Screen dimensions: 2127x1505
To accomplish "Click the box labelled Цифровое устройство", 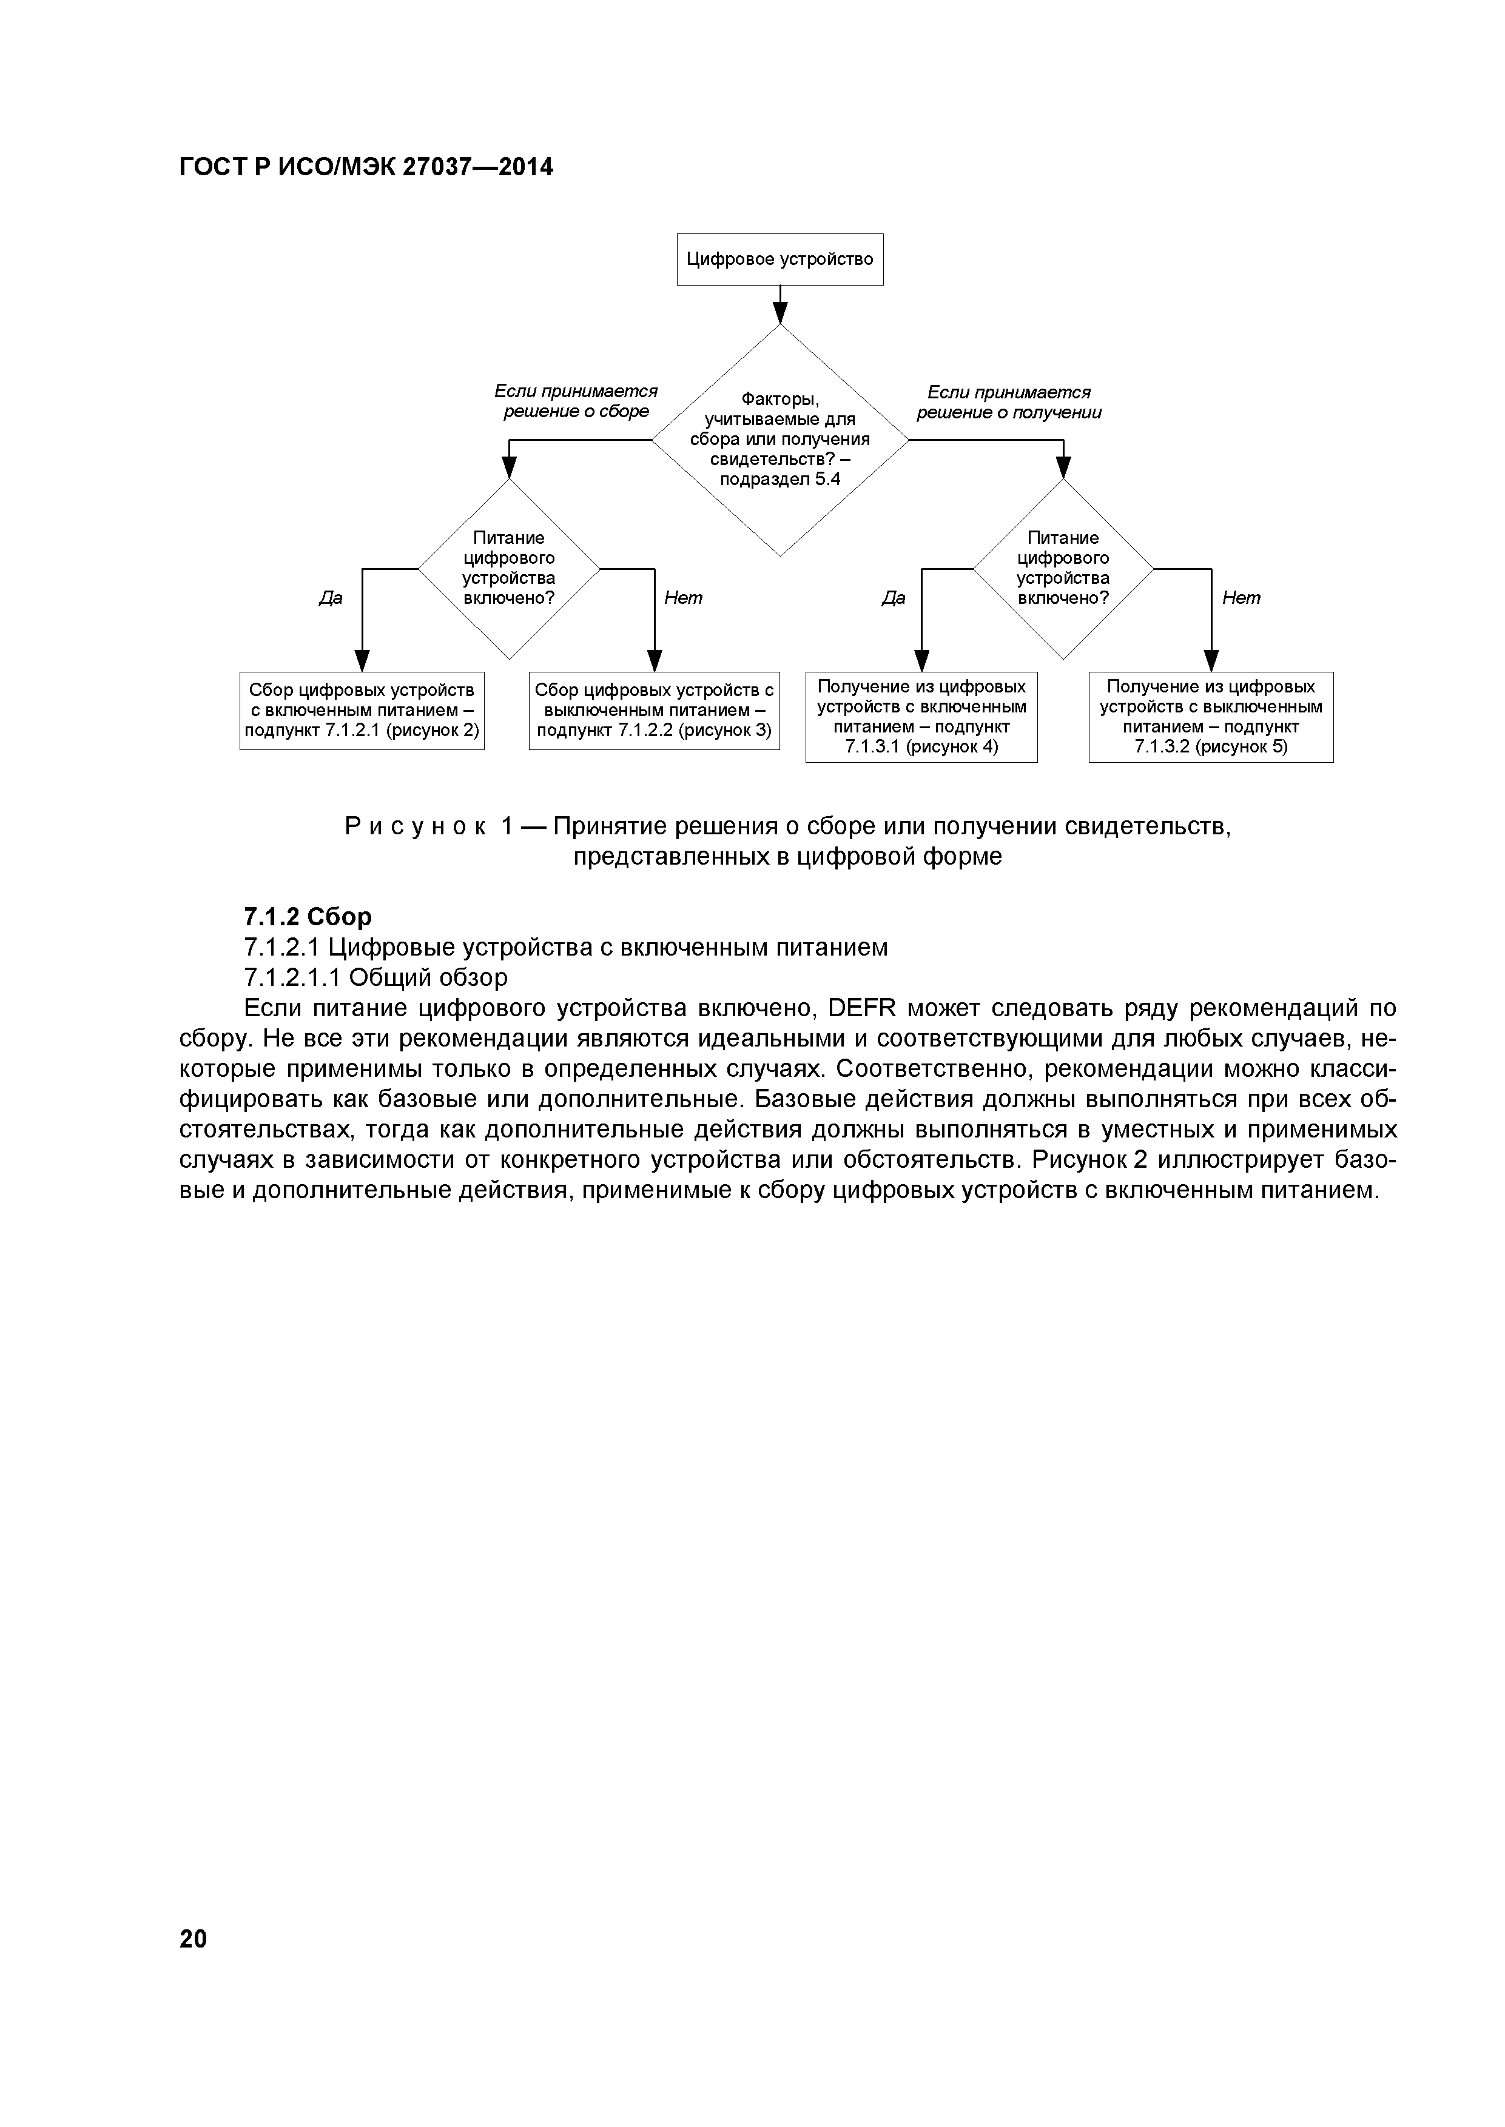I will tap(779, 260).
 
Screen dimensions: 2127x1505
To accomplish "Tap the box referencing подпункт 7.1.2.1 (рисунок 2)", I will tap(362, 711).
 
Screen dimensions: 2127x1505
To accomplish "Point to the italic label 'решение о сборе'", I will tap(576, 411).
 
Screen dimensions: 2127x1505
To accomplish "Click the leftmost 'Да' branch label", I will tap(331, 598).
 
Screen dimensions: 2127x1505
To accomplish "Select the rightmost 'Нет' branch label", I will tap(1241, 598).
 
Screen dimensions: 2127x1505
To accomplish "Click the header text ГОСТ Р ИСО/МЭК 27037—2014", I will tap(366, 168).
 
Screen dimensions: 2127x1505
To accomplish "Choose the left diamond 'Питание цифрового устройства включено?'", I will tap(509, 568).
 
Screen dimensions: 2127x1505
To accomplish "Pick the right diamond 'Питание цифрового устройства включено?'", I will tap(1063, 568).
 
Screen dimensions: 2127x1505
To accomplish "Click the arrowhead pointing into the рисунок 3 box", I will tap(655, 660).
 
